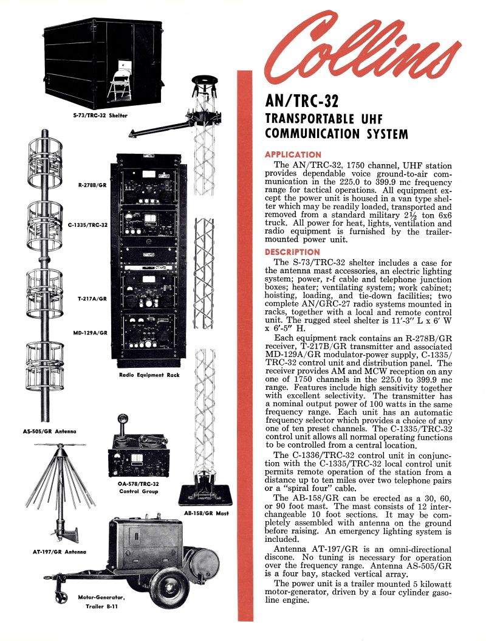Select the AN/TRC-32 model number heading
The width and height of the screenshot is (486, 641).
click(301, 100)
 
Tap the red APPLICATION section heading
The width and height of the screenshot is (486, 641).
click(293, 154)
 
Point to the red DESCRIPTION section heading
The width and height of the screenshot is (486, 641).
click(292, 252)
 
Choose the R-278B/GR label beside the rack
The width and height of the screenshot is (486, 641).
click(92, 184)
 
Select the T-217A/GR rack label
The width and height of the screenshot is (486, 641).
click(92, 299)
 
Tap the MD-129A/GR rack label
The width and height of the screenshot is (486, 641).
click(91, 333)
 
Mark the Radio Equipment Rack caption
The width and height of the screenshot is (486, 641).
click(149, 375)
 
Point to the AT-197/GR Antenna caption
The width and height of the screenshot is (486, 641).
click(58, 552)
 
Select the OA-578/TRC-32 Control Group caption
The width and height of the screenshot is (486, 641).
click(138, 487)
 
